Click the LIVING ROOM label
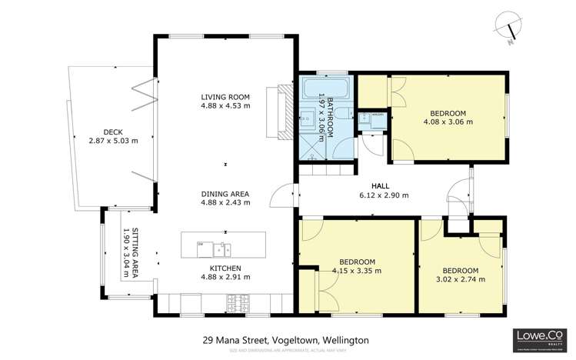click(225, 96)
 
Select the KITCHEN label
click(225, 268)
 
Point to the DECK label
click(101, 131)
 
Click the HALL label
click(380, 186)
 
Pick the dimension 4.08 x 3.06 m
click(447, 121)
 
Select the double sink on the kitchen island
click(222, 248)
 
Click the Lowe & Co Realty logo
click(539, 338)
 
